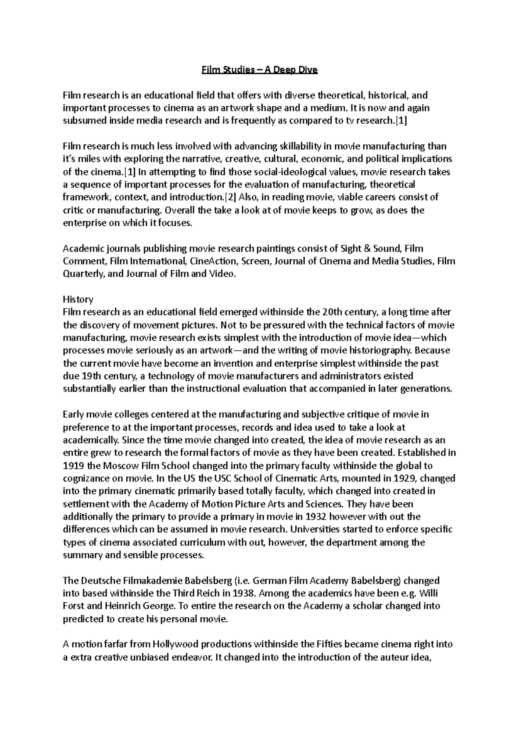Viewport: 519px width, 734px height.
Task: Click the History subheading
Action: tap(78, 299)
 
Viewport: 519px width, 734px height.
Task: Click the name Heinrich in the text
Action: tap(120, 606)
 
